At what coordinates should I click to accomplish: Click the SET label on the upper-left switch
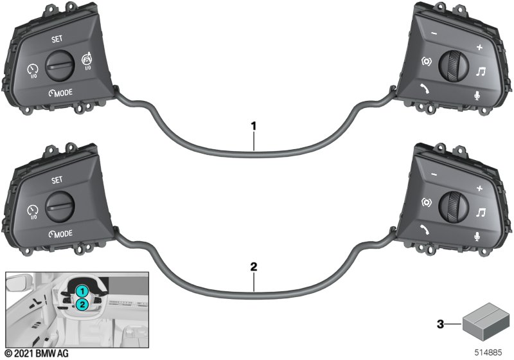click(x=57, y=39)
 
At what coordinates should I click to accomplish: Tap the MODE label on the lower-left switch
click(x=60, y=234)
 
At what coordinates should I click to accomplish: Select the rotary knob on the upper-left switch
click(x=60, y=66)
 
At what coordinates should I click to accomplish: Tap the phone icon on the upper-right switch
click(x=425, y=89)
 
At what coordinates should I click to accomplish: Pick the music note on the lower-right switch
click(x=481, y=212)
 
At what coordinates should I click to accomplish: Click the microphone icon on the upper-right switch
click(x=477, y=96)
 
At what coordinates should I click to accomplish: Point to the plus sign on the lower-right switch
click(x=479, y=188)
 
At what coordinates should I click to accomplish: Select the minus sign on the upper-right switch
click(x=434, y=33)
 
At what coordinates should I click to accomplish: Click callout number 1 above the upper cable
click(x=253, y=126)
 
